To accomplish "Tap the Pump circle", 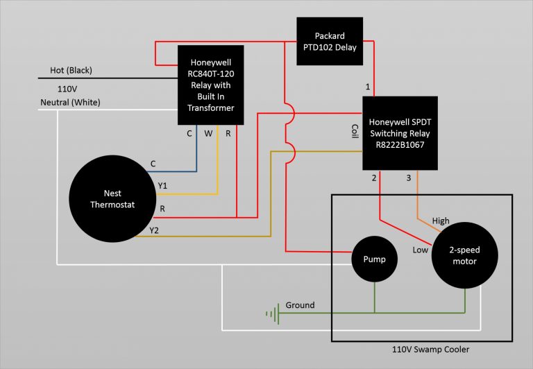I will tap(374, 259).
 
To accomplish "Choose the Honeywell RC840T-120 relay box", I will tap(211, 85).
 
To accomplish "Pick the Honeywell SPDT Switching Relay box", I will tap(400, 132).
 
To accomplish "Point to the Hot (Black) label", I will tap(71, 71).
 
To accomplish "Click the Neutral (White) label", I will tap(70, 103).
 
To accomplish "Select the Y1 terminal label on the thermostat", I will tap(162, 185).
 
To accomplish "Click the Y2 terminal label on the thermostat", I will tap(154, 230).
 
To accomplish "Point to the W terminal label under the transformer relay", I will tap(207, 133).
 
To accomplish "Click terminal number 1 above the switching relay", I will tap(368, 87).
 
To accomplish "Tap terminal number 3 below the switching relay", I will tap(409, 178).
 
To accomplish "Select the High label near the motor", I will tap(441, 221).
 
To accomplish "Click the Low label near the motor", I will tap(420, 249).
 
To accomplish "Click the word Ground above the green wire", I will tap(300, 305).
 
